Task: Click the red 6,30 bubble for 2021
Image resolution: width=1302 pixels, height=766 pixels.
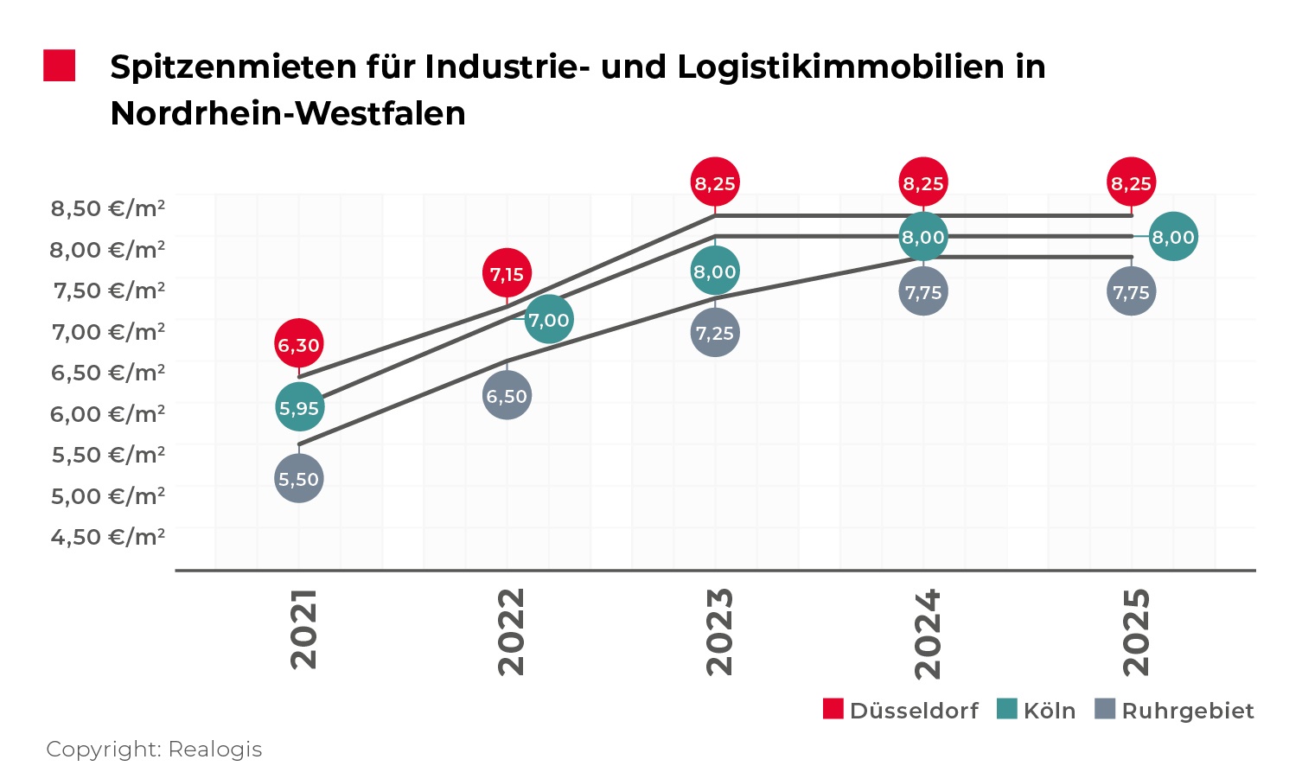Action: pos(299,344)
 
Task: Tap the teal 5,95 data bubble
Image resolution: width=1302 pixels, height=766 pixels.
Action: pos(299,407)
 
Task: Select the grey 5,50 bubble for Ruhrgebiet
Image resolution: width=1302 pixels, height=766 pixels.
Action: pos(299,478)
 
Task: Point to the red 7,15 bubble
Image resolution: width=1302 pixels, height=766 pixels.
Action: pos(507,274)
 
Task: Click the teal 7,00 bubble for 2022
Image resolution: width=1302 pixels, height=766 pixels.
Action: pos(548,320)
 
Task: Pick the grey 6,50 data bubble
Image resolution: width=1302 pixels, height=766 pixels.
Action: pos(507,395)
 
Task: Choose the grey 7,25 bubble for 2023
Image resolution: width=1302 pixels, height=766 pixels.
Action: pos(715,332)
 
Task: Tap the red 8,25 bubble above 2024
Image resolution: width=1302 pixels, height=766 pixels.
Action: pos(923,182)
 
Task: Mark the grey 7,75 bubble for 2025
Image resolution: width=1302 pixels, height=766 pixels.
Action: pos(1131,291)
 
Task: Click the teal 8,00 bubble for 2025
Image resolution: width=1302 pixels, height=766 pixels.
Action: pos(1173,236)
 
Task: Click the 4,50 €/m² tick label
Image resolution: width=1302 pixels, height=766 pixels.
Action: pos(108,537)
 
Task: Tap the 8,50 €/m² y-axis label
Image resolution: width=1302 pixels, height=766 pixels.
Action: pos(108,208)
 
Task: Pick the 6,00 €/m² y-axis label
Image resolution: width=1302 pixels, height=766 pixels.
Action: pos(108,414)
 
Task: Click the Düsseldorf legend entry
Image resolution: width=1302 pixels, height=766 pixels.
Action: pos(902,710)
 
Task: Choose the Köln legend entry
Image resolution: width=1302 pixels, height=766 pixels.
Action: pos(1037,710)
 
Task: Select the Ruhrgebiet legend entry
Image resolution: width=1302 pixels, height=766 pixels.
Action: pos(1174,710)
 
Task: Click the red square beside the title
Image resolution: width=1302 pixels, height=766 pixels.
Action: pos(60,67)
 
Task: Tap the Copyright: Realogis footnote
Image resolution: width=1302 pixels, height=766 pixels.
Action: pos(154,749)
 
